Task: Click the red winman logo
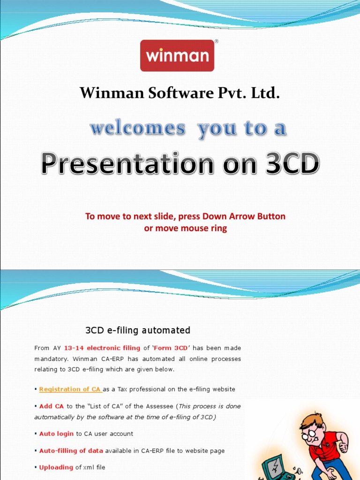(177, 56)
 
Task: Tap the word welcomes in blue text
(137, 128)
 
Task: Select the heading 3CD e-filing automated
(138, 330)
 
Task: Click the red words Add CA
(52, 406)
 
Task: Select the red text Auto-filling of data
(71, 451)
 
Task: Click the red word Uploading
(56, 467)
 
